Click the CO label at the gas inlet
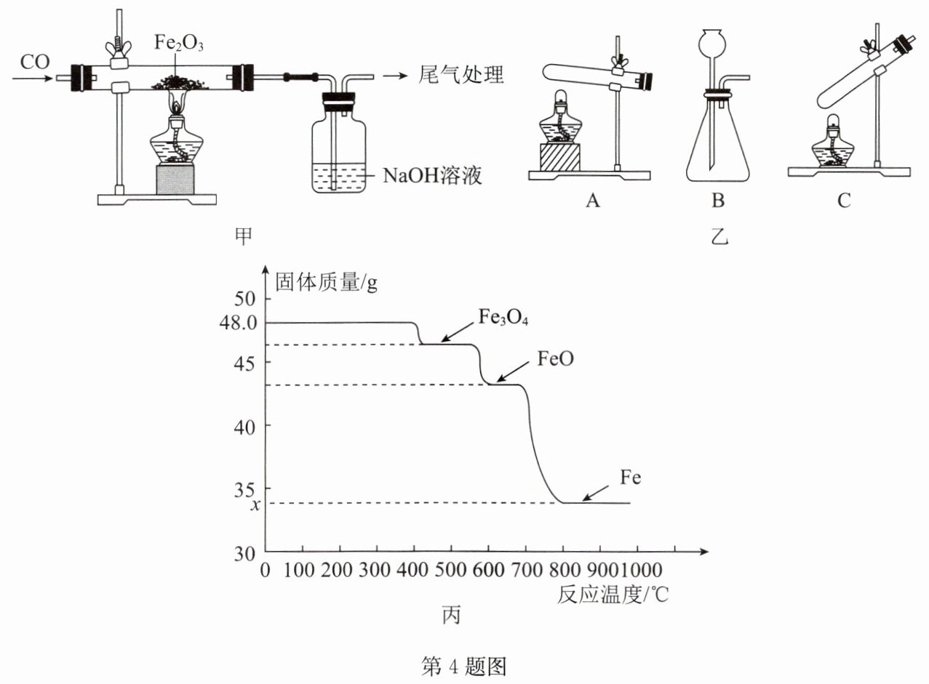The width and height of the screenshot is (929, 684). click(35, 62)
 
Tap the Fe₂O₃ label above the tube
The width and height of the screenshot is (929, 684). click(179, 42)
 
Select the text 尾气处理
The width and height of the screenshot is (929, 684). click(460, 75)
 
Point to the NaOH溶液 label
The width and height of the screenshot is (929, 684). click(432, 175)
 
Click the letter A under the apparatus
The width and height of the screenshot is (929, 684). click(593, 201)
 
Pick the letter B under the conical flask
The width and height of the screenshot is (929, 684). click(718, 201)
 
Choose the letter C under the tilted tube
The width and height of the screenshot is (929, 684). click(844, 201)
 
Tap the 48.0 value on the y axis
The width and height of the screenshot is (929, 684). click(239, 323)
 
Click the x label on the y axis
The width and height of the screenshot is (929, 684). click(256, 504)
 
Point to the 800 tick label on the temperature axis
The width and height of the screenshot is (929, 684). click(563, 571)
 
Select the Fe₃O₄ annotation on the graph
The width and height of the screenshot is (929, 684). click(503, 318)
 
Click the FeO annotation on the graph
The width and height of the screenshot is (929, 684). click(555, 358)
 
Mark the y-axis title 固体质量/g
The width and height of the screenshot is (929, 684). click(327, 283)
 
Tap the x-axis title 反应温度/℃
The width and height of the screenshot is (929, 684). click(612, 595)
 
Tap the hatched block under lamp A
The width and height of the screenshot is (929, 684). click(560, 158)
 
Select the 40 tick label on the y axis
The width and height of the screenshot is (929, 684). click(244, 427)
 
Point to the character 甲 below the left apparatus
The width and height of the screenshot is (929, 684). click(243, 236)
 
